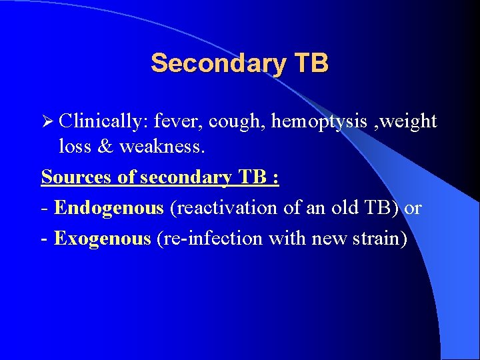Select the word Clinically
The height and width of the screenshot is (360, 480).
(x=103, y=122)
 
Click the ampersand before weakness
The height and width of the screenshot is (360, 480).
(x=106, y=146)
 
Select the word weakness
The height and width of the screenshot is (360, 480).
(x=161, y=146)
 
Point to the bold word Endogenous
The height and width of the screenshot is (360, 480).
(x=109, y=208)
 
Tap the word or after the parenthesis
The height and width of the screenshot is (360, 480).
(x=413, y=208)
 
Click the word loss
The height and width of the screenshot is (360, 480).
(x=75, y=146)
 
